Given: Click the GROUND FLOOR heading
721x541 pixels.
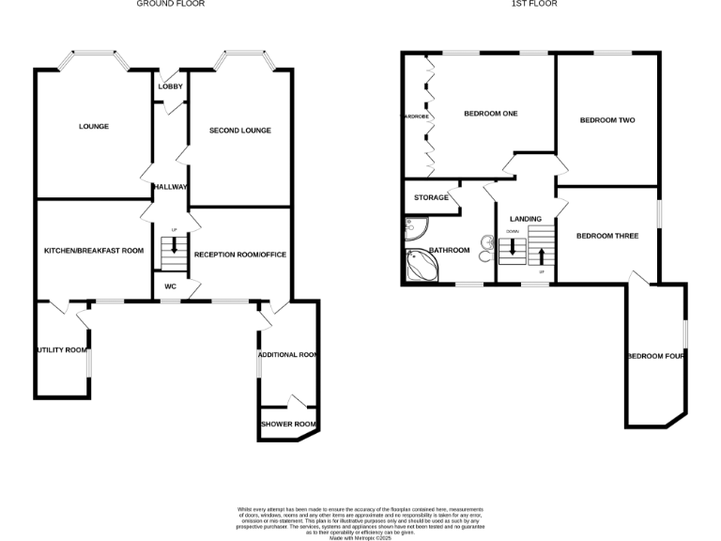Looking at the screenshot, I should coord(170,4).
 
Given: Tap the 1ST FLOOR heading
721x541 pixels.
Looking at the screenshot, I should coord(534,4).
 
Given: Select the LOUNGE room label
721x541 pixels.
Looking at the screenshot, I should coord(93,127).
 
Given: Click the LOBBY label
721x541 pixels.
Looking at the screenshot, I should coord(170,87).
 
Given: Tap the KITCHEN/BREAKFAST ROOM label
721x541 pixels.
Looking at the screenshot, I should coord(94,251).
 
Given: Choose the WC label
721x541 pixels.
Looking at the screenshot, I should coord(170,286).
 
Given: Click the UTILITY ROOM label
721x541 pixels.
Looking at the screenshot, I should coord(62,350).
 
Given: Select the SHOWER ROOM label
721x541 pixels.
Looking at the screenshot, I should coord(287,425).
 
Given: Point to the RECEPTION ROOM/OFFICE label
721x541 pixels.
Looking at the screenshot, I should coord(239,255).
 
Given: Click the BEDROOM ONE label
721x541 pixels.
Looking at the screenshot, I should coord(490,114).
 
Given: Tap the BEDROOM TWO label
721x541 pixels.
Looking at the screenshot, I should coord(606,120).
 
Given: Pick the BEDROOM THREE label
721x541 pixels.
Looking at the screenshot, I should coord(606,236).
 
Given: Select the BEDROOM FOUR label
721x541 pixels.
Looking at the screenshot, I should coord(656,356).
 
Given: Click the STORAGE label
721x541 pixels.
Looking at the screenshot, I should coord(431,198).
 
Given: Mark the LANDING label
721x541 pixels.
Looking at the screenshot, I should coord(525,219).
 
